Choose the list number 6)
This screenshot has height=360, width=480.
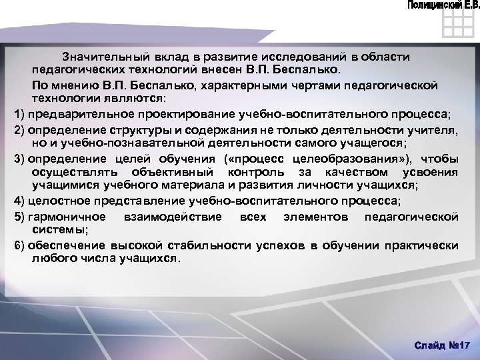[x=19, y=245]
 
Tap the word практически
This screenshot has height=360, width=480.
[x=424, y=245]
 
